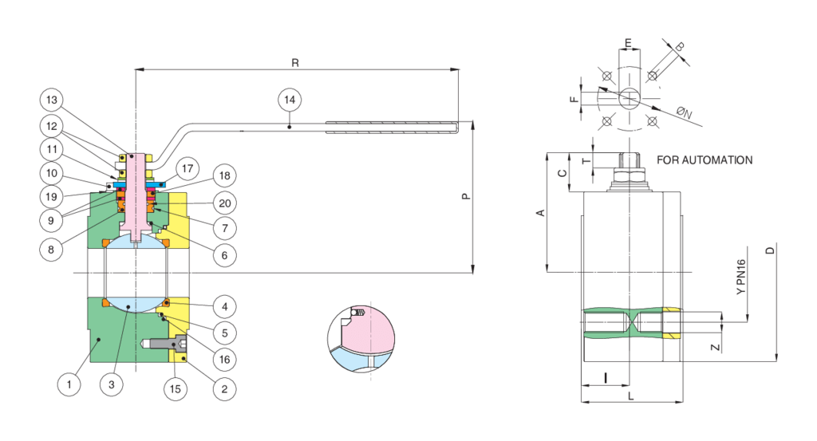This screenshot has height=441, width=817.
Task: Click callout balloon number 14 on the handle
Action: [x=289, y=100]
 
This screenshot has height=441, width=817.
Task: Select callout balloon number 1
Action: [x=69, y=384]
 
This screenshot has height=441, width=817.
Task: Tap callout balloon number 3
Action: [x=112, y=384]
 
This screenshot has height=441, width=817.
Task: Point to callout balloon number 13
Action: [x=52, y=100]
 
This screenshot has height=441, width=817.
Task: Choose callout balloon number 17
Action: [x=186, y=169]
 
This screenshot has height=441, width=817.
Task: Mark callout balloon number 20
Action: [x=225, y=203]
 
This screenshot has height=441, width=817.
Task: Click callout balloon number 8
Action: [x=52, y=248]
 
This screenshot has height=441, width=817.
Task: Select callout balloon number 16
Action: [x=225, y=360]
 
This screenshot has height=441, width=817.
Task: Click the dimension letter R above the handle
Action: [x=297, y=61]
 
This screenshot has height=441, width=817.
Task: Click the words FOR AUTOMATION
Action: [x=704, y=160]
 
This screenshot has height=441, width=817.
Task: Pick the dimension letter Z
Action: [x=715, y=347]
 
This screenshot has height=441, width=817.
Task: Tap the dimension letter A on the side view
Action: [x=540, y=213]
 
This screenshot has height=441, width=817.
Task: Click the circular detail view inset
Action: [x=361, y=336]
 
